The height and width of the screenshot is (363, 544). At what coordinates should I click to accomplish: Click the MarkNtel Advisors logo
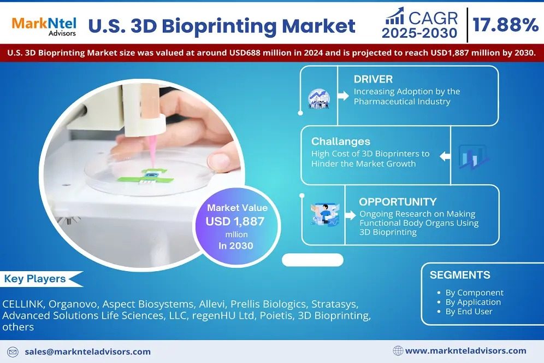(44, 26)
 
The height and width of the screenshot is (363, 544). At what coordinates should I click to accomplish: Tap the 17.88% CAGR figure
(505, 25)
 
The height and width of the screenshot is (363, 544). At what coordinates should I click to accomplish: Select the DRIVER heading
(373, 79)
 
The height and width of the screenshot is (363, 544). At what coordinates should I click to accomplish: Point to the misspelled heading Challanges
(341, 142)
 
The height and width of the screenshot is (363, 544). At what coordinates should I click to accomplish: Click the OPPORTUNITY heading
(398, 202)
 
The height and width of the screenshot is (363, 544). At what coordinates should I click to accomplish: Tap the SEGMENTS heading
(460, 275)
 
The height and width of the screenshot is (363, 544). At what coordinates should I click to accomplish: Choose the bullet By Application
(473, 302)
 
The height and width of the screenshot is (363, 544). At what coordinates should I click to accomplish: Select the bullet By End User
(469, 312)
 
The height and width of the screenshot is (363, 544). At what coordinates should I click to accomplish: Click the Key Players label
(35, 279)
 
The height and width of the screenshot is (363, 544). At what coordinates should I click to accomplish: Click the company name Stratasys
(334, 305)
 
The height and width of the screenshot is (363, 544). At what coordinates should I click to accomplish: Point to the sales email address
(87, 352)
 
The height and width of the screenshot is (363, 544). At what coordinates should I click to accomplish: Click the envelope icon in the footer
(13, 352)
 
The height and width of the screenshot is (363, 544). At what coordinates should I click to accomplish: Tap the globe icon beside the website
(398, 351)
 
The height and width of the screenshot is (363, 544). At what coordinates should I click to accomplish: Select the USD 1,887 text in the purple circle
(235, 221)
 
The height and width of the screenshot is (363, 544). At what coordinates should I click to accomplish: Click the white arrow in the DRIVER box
(343, 96)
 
